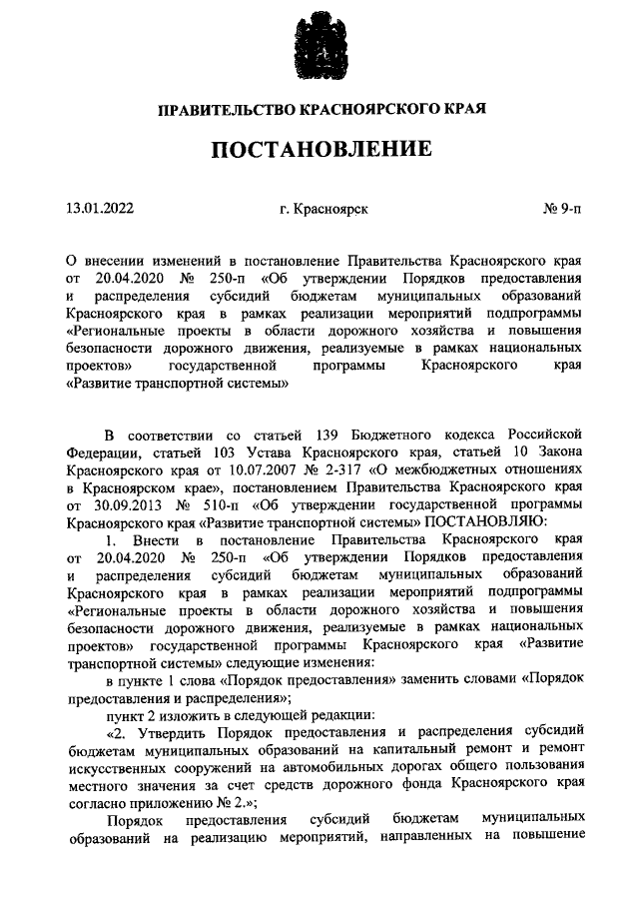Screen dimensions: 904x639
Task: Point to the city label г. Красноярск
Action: point(323,209)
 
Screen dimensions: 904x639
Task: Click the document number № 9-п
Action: point(562,209)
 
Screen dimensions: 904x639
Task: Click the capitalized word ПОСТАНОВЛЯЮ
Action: point(484,521)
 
